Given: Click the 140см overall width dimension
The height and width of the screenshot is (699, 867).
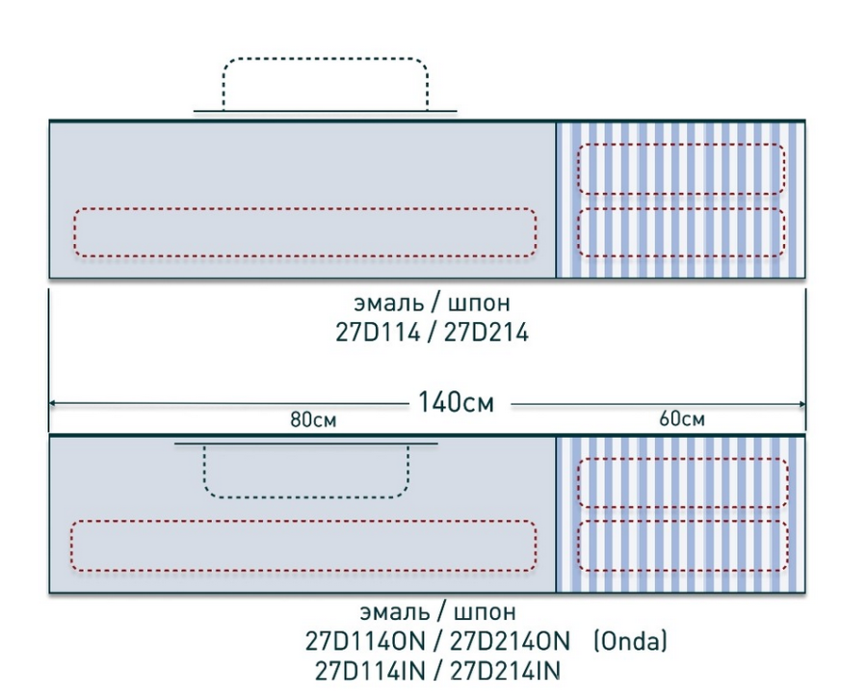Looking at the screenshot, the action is [x=456, y=402].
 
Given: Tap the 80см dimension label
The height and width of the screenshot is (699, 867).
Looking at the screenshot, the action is [x=313, y=420].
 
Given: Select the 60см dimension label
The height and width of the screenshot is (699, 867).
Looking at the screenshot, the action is [x=682, y=419].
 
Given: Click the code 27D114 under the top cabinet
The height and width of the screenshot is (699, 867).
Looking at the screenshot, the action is [x=378, y=333].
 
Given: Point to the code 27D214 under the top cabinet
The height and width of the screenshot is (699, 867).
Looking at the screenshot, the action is [x=486, y=333].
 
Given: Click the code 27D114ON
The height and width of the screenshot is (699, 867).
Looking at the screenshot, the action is [x=365, y=641].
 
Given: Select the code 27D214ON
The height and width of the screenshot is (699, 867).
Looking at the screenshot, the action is [x=510, y=641].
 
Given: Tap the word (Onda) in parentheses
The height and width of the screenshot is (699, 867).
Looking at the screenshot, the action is [x=630, y=641].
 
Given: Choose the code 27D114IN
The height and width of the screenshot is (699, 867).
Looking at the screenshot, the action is [x=370, y=671].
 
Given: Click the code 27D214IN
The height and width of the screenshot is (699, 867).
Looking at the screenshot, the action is [x=506, y=671].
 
